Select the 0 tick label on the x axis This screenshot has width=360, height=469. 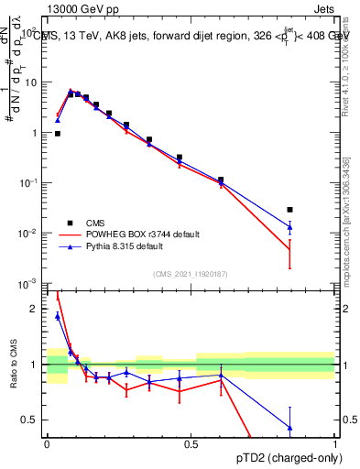47,443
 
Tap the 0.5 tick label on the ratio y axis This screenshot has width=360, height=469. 29,420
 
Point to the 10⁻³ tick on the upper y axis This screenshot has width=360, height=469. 27,283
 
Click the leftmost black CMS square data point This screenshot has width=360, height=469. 58,134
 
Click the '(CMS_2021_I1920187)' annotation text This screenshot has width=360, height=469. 190,274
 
